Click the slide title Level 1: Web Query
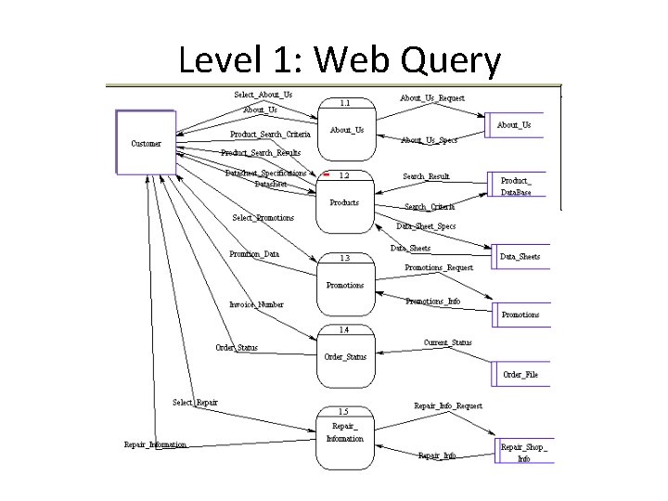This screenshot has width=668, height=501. pyautogui.click(x=340, y=60)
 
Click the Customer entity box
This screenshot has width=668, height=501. pyautogui.click(x=146, y=143)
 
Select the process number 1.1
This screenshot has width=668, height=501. pyautogui.click(x=344, y=103)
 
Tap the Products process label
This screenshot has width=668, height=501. pyautogui.click(x=344, y=202)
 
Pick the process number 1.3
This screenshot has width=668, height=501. pyautogui.click(x=344, y=258)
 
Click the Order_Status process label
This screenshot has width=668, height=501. pyautogui.click(x=344, y=356)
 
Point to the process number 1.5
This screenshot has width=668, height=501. pyautogui.click(x=343, y=411)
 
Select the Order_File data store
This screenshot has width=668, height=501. pyautogui.click(x=520, y=375)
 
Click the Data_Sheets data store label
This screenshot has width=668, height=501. pyautogui.click(x=520, y=257)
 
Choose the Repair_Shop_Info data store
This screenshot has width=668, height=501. pyautogui.click(x=523, y=452)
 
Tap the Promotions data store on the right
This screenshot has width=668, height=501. pyautogui.click(x=520, y=315)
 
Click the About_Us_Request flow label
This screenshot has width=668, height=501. pyautogui.click(x=432, y=97)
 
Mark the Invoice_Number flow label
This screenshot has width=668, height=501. pyautogui.click(x=256, y=304)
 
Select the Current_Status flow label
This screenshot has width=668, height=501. pyautogui.click(x=447, y=342)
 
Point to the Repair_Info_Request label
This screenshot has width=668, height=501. pyautogui.click(x=447, y=406)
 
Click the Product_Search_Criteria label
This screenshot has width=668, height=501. pyautogui.click(x=270, y=134)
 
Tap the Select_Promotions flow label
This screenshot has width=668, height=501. pyautogui.click(x=263, y=218)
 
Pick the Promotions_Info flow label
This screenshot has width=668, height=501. pyautogui.click(x=433, y=302)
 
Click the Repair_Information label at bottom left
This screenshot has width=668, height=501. pyautogui.click(x=155, y=444)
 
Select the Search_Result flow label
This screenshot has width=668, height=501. pyautogui.click(x=426, y=176)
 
